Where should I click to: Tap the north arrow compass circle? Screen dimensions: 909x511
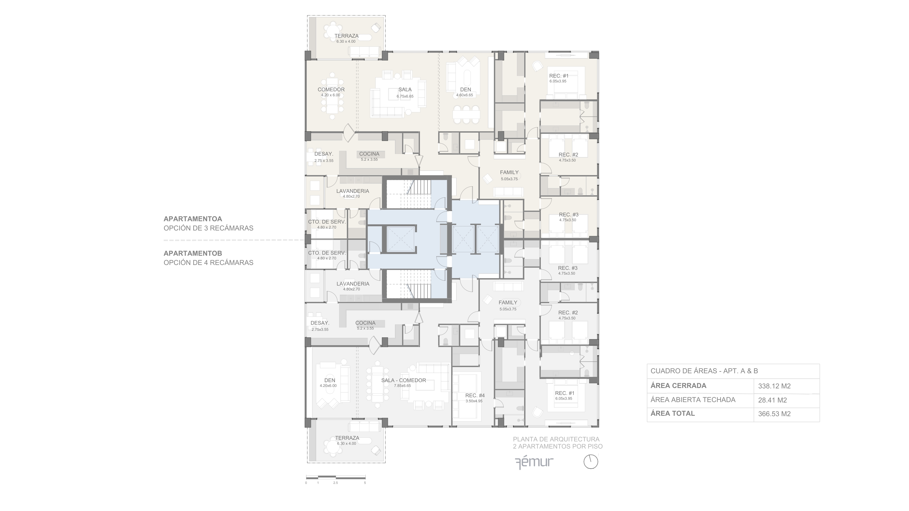(591, 462)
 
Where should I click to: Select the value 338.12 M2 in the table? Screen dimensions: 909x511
(774, 386)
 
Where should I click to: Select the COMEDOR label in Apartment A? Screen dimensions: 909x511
(331, 90)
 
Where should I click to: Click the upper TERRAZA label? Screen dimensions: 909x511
(347, 36)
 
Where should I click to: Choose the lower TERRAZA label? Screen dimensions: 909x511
(347, 438)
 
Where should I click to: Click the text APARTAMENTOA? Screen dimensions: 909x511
(193, 219)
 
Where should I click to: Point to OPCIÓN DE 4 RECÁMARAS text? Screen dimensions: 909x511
(209, 263)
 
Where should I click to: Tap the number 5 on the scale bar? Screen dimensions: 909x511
(365, 483)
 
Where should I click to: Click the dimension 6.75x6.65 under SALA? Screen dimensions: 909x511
(405, 96)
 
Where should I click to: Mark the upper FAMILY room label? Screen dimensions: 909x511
(509, 172)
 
